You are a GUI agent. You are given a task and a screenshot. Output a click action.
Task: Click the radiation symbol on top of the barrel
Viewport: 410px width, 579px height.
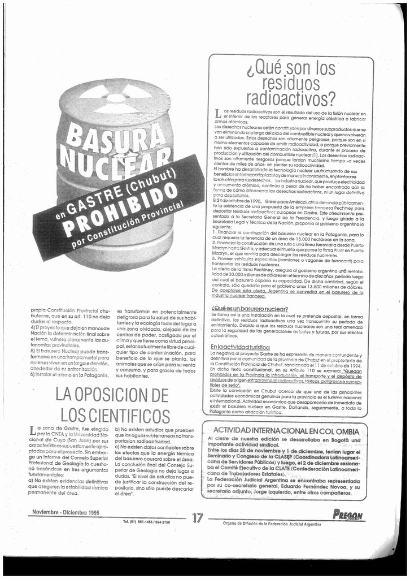116,98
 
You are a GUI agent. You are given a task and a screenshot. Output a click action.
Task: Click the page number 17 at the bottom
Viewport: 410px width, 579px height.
197,517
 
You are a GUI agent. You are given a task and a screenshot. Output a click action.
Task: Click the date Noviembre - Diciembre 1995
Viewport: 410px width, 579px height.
66,512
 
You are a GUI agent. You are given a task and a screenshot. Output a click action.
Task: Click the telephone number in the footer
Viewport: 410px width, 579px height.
146,522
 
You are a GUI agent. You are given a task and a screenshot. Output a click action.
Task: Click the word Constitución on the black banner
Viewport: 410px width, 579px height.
114,227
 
